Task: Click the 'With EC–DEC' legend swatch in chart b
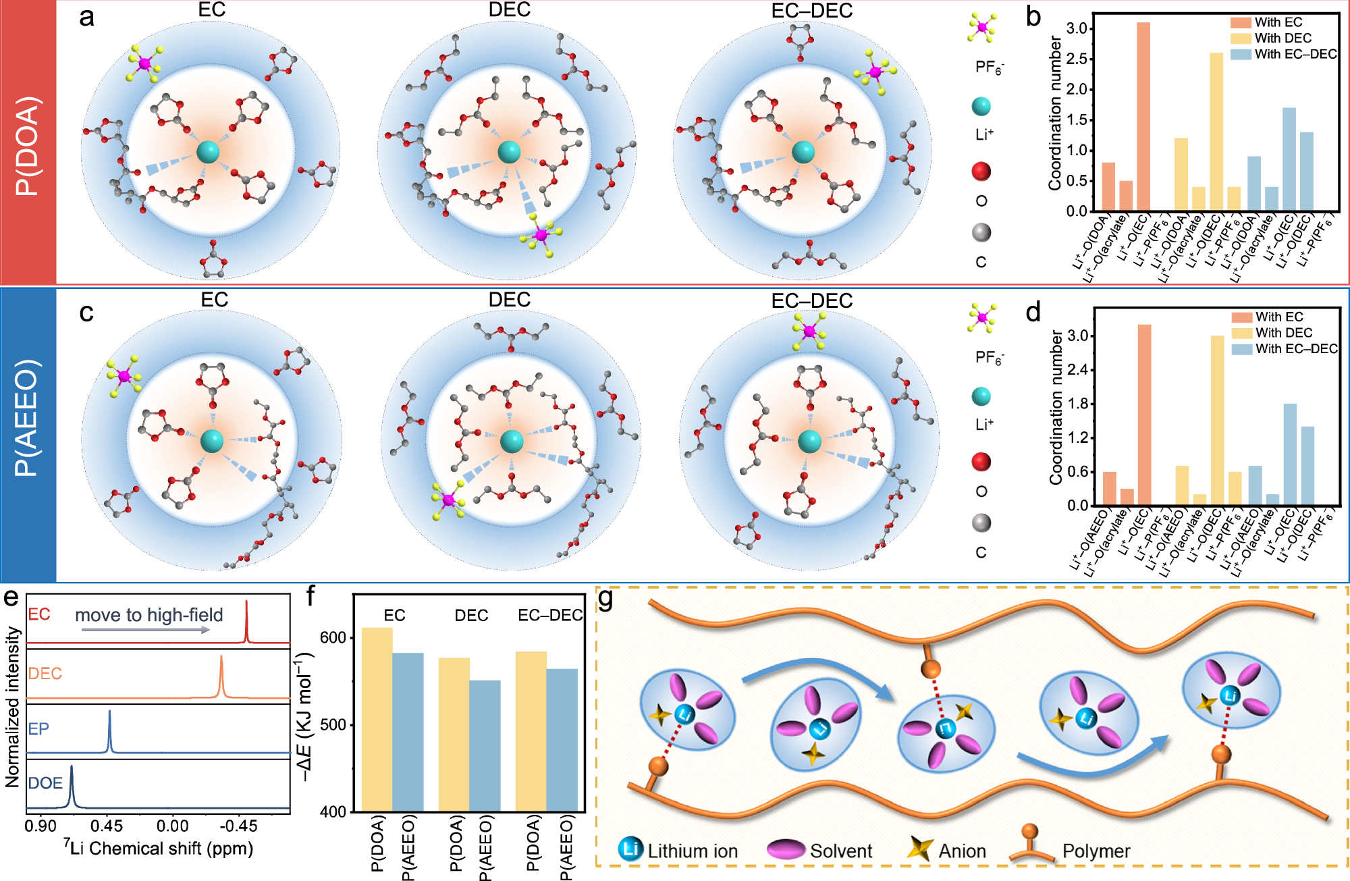pyautogui.click(x=1241, y=54)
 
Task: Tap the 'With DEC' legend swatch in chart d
pyautogui.click(x=1242, y=333)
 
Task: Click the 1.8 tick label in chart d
pyautogui.click(x=1077, y=404)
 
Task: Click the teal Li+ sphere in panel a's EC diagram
pyautogui.click(x=209, y=152)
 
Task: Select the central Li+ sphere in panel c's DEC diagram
pyautogui.click(x=511, y=442)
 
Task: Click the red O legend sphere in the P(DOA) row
pyautogui.click(x=981, y=171)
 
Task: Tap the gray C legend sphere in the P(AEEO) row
pyautogui.click(x=981, y=523)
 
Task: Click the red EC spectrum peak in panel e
pyautogui.click(x=246, y=621)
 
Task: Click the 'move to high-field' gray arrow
pyautogui.click(x=145, y=630)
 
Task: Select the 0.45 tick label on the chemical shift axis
pyautogui.click(x=107, y=826)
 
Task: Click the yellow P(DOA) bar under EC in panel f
pyautogui.click(x=377, y=719)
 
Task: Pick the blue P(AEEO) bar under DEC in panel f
pyautogui.click(x=485, y=745)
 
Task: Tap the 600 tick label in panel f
pyautogui.click(x=333, y=638)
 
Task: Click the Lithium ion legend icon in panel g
pyautogui.click(x=630, y=849)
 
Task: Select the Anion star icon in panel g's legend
pyautogui.click(x=919, y=849)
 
